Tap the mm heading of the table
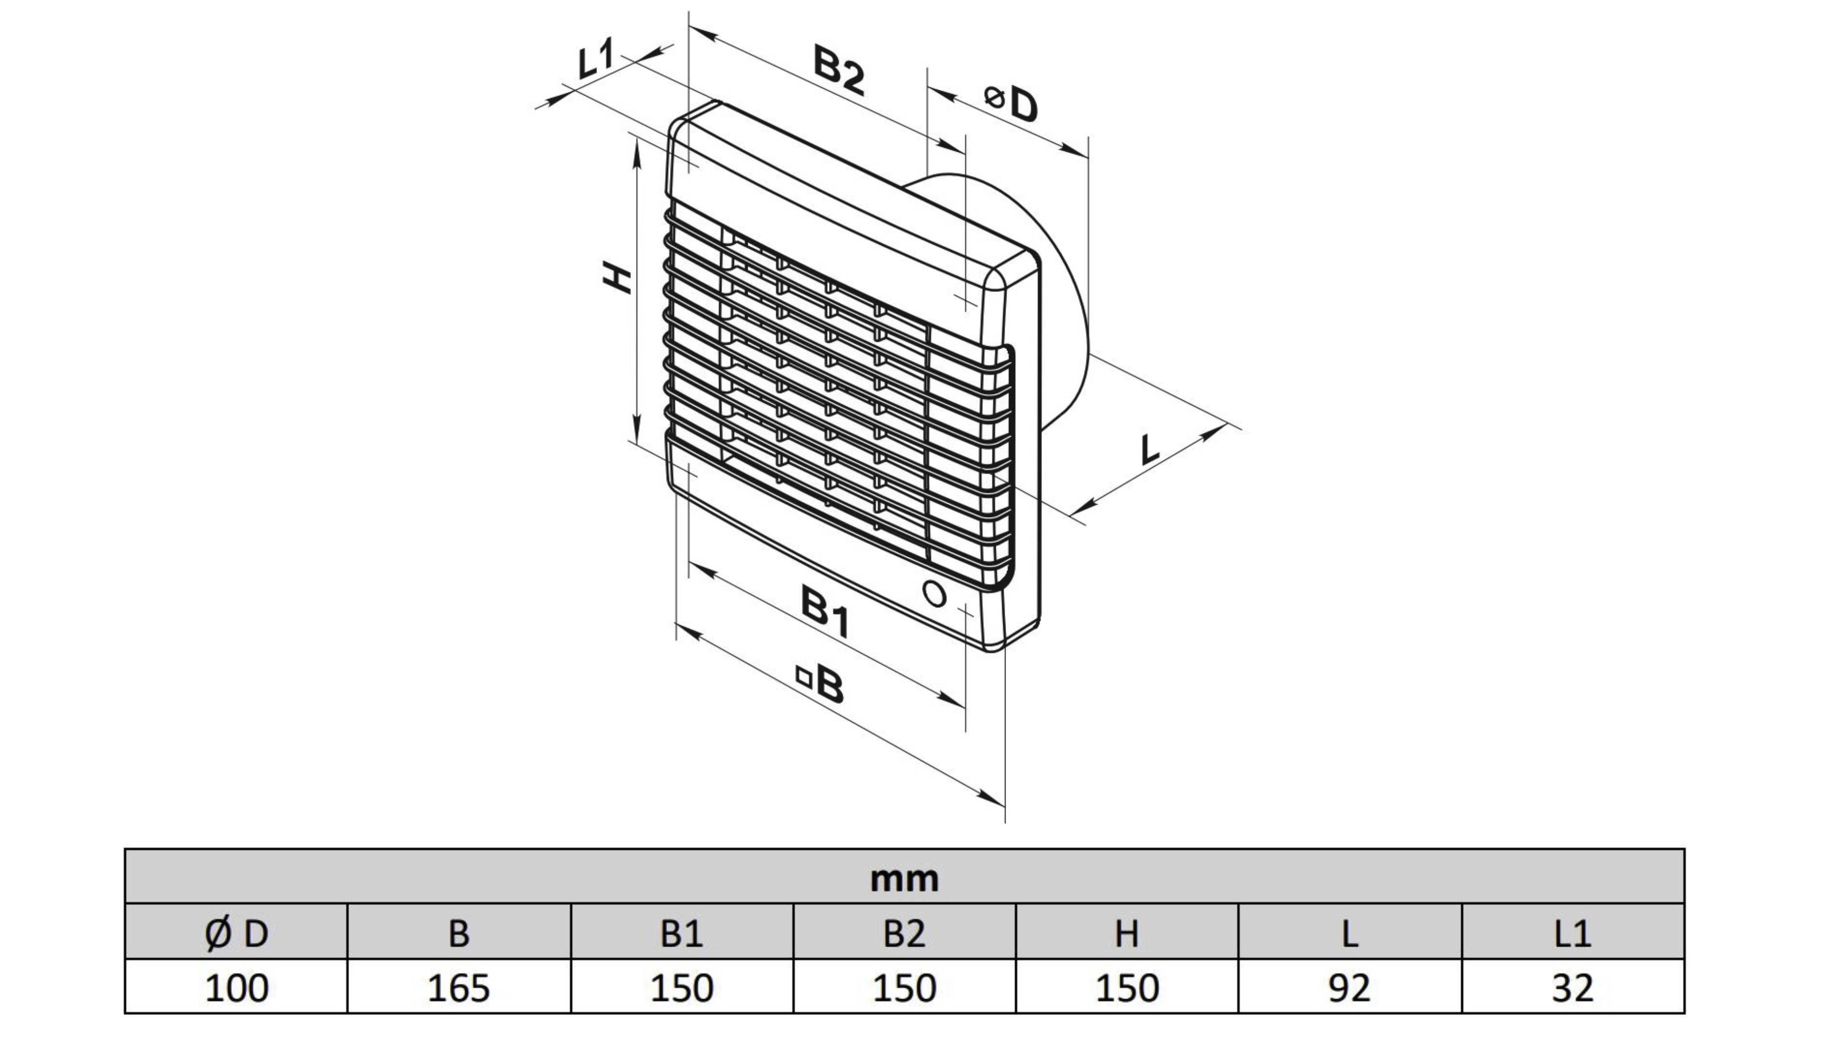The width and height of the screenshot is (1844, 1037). (x=904, y=878)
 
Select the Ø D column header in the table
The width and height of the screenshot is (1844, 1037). (x=236, y=933)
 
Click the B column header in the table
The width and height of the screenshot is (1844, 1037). (x=459, y=933)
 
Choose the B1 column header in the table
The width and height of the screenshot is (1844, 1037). (x=681, y=933)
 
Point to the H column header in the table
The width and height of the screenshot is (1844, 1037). (x=1127, y=933)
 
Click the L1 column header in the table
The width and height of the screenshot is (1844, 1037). (x=1573, y=933)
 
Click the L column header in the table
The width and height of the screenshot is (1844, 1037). (x=1349, y=933)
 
